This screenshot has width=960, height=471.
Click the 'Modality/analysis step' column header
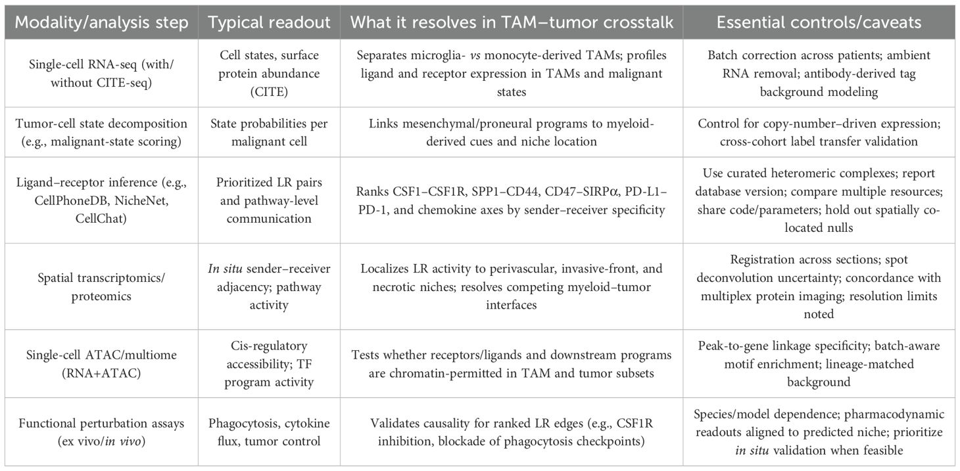tap(101, 22)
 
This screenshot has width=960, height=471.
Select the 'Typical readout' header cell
tap(269, 22)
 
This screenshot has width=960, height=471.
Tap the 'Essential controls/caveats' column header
tap(819, 22)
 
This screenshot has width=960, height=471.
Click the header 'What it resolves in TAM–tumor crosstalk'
tap(512, 22)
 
